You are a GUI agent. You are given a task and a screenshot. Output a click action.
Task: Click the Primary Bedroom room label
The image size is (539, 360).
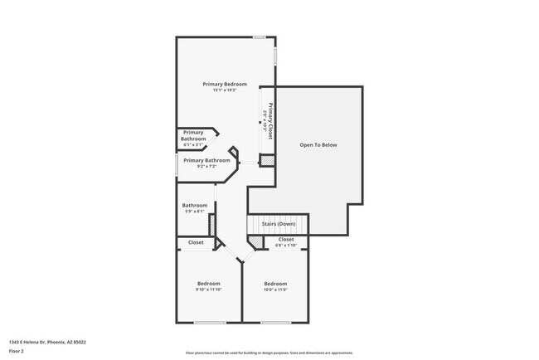[x=225, y=84]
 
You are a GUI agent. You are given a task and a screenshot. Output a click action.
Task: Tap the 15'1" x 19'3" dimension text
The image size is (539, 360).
[x=225, y=90]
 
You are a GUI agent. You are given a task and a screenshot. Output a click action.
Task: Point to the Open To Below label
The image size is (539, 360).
[x=318, y=145]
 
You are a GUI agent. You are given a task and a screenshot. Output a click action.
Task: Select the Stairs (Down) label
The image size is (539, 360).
[x=279, y=224]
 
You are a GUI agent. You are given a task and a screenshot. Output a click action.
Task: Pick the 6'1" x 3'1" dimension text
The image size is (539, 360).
[x=193, y=145]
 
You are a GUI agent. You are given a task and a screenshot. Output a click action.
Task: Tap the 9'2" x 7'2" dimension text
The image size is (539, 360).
[x=206, y=167]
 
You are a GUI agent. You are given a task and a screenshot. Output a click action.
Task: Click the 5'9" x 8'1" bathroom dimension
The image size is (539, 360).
[x=194, y=212]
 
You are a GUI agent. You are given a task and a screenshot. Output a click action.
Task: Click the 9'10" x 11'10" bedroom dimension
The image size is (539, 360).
[x=208, y=289]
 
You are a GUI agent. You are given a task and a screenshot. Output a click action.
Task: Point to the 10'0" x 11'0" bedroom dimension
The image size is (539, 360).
[x=274, y=289]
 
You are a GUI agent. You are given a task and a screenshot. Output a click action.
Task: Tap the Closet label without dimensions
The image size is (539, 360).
[x=197, y=242]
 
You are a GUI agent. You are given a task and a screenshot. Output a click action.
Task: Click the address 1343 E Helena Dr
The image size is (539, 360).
[x=48, y=342]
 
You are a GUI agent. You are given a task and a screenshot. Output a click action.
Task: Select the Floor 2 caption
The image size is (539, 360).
[x=17, y=352]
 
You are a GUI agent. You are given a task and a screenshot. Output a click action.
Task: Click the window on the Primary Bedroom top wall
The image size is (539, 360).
[x=260, y=37]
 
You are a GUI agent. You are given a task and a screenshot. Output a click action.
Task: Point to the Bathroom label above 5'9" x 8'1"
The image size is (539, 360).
[x=195, y=205]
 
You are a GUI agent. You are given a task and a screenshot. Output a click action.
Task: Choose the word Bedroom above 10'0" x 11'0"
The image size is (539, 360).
[x=274, y=283]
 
